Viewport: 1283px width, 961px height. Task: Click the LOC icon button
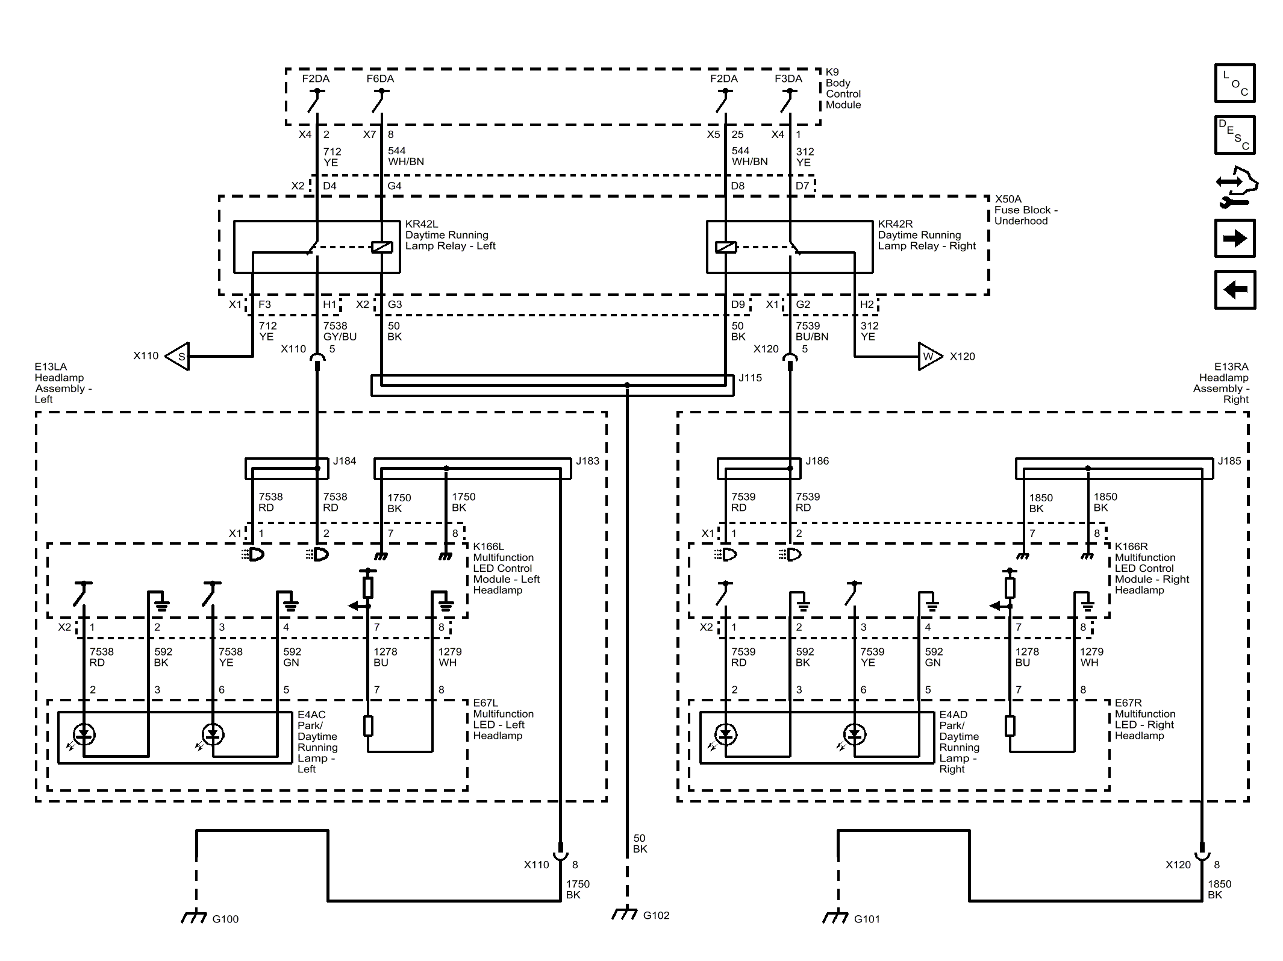(1235, 83)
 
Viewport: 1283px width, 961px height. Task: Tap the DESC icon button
(1235, 135)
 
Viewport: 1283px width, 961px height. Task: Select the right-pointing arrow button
(1235, 239)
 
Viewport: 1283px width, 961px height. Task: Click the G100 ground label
(225, 919)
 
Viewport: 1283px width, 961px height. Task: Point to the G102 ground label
(656, 916)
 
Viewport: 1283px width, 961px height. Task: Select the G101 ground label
(867, 919)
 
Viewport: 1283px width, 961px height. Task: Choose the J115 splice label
(750, 378)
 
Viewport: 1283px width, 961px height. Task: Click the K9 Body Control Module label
(843, 89)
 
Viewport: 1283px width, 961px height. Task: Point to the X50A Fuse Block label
(1026, 210)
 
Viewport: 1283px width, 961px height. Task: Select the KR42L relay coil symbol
(382, 247)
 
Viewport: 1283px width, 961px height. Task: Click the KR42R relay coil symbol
(726, 247)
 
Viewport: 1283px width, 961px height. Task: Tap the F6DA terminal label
(380, 79)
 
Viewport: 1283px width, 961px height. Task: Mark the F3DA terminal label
(788, 79)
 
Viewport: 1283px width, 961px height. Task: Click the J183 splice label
(587, 462)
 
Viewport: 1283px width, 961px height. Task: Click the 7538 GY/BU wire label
(340, 331)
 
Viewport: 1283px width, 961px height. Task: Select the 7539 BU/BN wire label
(812, 331)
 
